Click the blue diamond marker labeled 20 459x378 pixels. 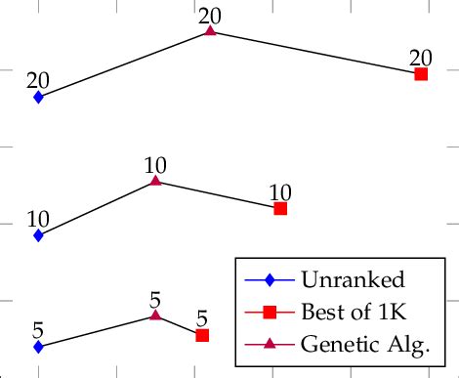pos(38,97)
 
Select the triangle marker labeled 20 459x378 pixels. pos(210,31)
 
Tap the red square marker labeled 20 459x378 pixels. pos(421,74)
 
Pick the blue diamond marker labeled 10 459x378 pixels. pos(38,235)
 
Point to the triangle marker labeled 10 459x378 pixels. pos(155,181)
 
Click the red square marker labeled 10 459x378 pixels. pos(280,209)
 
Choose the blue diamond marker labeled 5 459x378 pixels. pos(38,347)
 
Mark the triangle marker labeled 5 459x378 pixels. pos(155,315)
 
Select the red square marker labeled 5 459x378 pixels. pos(202,335)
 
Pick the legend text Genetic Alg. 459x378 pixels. pos(365,344)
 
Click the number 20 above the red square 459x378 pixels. pos(421,58)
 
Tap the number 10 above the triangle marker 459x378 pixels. pos(155,164)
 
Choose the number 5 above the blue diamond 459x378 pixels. pos(38,330)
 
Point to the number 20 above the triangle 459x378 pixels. pos(210,15)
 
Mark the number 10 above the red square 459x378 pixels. pos(280,192)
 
